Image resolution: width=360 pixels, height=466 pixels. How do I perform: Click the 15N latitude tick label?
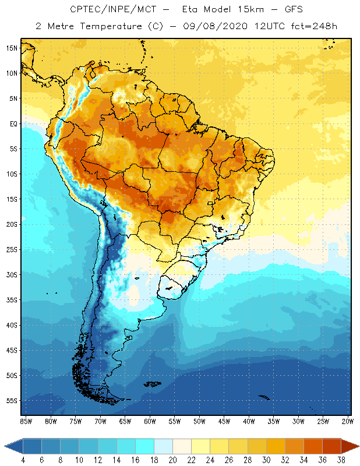click(x=12, y=48)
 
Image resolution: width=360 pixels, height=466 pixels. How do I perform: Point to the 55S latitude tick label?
click(x=12, y=401)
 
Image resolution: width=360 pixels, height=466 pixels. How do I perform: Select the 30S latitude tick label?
click(x=12, y=274)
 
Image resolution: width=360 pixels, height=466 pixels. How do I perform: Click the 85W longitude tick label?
click(x=26, y=421)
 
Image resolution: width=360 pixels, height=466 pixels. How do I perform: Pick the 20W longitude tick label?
click(x=347, y=421)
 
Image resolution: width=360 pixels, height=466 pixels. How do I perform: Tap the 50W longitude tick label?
click(x=199, y=421)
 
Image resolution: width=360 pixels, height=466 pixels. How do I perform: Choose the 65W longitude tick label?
click(x=125, y=421)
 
